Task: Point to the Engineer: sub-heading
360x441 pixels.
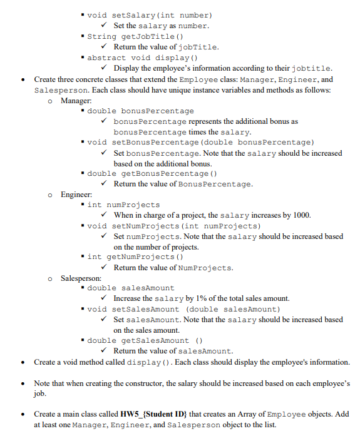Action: click(x=77, y=195)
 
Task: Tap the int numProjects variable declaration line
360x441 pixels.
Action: click(x=123, y=205)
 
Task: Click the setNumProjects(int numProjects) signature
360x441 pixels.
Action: click(x=174, y=226)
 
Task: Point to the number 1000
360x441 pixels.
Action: click(x=301, y=215)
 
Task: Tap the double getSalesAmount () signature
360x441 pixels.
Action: click(x=145, y=340)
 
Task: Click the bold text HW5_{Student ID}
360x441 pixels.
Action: click(x=155, y=414)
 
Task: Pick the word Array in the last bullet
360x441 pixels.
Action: click(x=252, y=414)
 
